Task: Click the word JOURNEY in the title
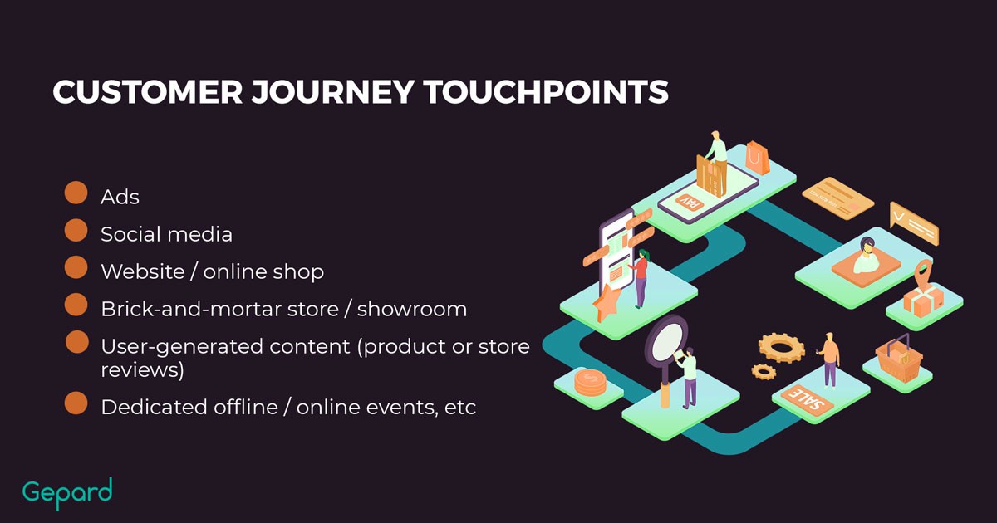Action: [x=333, y=92]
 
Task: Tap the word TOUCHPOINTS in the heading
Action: [x=546, y=92]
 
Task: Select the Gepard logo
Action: [x=67, y=493]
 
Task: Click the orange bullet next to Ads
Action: [x=76, y=193]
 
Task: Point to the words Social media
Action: [x=166, y=234]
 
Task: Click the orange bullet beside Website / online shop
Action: [x=76, y=267]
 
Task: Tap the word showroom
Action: [x=412, y=309]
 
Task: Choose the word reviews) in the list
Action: [x=142, y=370]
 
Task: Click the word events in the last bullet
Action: [x=402, y=408]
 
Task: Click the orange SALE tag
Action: [x=807, y=400]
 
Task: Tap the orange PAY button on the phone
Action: [x=690, y=203]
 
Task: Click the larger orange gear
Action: [x=782, y=347]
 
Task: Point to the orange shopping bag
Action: [x=758, y=158]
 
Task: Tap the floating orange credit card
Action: [x=837, y=198]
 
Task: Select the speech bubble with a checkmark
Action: [x=914, y=223]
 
